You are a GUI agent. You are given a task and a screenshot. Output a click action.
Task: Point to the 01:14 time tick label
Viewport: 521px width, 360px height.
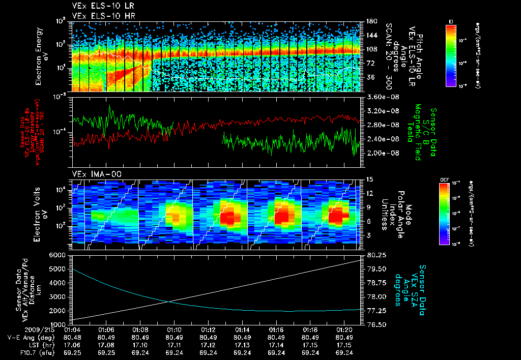tap(242, 330)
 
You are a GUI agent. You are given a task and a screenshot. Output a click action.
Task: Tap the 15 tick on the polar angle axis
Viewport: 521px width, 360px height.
tap(370, 179)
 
